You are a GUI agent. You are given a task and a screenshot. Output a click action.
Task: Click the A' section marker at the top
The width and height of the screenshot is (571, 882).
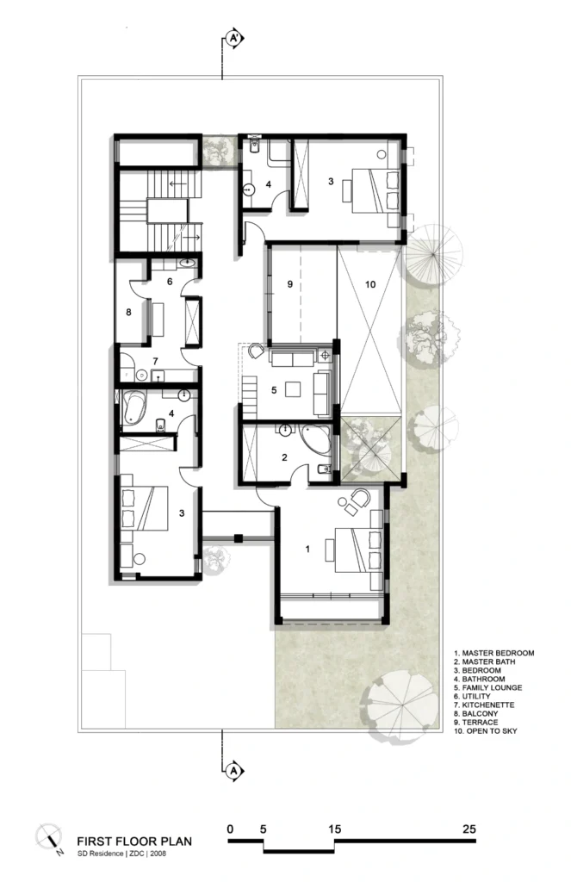[x=234, y=38]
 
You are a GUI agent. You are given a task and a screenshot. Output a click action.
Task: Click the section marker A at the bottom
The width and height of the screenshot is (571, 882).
[x=234, y=771]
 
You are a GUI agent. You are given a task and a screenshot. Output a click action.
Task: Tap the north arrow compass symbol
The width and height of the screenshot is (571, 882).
[x=49, y=837]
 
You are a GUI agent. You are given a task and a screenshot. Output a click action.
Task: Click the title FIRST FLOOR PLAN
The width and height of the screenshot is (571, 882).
[x=134, y=842]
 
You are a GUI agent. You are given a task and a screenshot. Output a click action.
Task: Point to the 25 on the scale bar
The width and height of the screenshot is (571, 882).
[x=469, y=829]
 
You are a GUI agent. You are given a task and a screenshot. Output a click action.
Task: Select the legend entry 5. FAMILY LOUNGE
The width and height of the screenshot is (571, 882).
[x=487, y=687]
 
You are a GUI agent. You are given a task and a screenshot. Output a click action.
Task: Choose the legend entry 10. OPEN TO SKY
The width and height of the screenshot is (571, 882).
[x=486, y=730]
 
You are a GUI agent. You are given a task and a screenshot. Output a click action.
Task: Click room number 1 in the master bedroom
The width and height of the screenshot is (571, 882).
[x=307, y=549]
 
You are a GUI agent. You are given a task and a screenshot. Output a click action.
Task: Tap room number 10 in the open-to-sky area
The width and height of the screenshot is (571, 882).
[x=370, y=284]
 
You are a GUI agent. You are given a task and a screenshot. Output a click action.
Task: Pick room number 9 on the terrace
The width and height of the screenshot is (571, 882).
[x=289, y=284]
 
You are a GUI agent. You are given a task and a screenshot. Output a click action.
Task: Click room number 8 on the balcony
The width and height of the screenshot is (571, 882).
[x=129, y=312]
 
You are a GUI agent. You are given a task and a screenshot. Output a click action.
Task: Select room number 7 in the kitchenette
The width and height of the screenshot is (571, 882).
[x=155, y=361]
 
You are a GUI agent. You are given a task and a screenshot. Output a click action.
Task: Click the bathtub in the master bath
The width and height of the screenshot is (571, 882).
[x=315, y=439]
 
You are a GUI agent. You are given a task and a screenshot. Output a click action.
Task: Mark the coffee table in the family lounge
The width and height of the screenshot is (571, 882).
[x=293, y=389]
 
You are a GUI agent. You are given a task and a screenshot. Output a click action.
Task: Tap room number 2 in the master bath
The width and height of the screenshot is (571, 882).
[x=285, y=457]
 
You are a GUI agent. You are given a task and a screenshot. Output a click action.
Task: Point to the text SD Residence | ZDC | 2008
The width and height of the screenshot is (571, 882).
[x=121, y=854]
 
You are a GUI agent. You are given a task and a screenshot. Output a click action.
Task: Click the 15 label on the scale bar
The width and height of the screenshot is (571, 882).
[x=334, y=829]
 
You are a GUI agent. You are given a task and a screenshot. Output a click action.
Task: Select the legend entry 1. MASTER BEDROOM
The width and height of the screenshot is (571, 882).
[x=494, y=653]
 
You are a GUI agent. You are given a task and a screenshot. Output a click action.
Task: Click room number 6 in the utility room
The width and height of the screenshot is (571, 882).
[x=170, y=282]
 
